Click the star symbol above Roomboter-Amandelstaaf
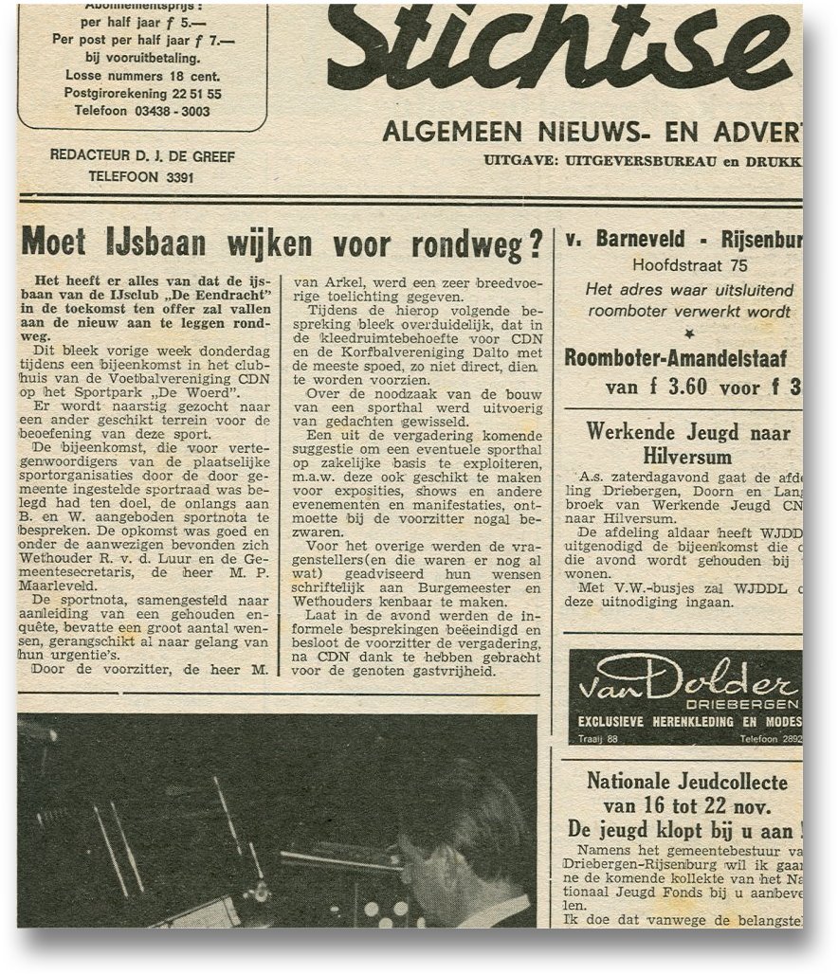(689, 334)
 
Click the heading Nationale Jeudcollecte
(687, 782)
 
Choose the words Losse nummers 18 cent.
(142, 76)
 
